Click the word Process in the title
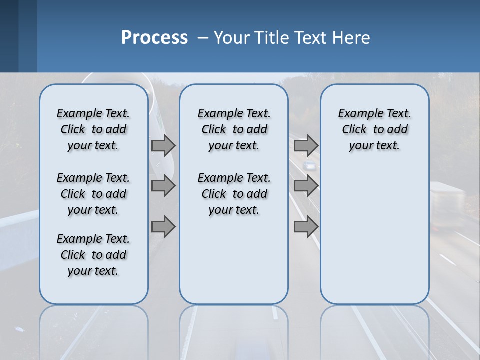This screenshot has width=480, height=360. click(x=154, y=38)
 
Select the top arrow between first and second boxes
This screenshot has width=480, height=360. click(x=163, y=146)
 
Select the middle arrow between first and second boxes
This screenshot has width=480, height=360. click(x=163, y=186)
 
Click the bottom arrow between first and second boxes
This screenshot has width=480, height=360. click(x=163, y=227)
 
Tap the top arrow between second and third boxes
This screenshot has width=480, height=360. click(x=306, y=146)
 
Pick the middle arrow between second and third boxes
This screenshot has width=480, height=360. click(x=306, y=186)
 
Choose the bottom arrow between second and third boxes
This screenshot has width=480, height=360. click(x=306, y=227)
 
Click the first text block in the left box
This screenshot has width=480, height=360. click(x=93, y=129)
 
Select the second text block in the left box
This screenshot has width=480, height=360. click(x=93, y=194)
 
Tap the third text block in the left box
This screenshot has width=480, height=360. click(x=93, y=255)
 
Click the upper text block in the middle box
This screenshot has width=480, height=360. click(x=234, y=129)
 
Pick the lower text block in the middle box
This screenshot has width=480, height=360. click(x=234, y=194)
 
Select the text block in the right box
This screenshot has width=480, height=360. click(x=374, y=129)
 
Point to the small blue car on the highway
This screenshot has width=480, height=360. click(x=310, y=165)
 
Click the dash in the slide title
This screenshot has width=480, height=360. click(x=203, y=38)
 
